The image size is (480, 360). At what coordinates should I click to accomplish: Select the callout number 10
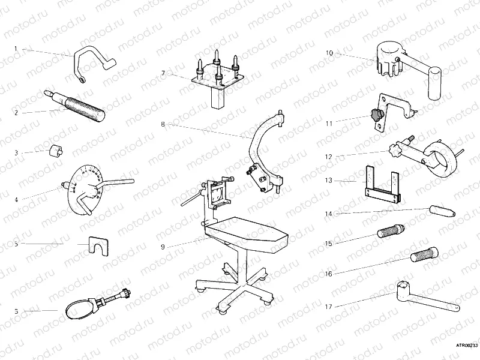(329, 53)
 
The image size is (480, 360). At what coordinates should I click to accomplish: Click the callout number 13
(329, 180)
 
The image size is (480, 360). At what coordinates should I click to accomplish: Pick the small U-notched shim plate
(97, 245)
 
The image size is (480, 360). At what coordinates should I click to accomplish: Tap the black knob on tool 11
(376, 114)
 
